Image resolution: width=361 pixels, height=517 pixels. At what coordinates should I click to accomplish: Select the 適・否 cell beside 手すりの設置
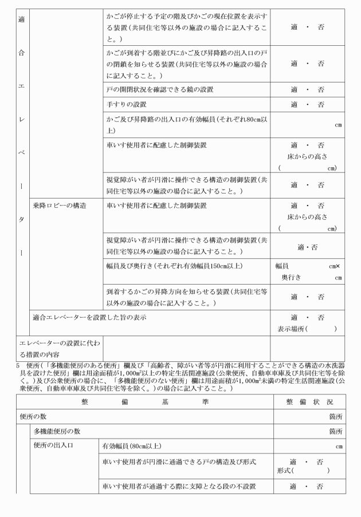tap(307, 105)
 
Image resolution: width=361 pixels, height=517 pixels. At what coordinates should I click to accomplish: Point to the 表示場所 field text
tap(307, 329)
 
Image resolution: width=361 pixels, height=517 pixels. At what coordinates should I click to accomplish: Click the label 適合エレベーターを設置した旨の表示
tap(89, 317)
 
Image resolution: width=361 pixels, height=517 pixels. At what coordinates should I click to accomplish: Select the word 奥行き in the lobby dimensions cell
tap(293, 277)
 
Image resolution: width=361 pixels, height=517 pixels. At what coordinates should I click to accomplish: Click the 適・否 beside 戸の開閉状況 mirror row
tap(307, 90)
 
